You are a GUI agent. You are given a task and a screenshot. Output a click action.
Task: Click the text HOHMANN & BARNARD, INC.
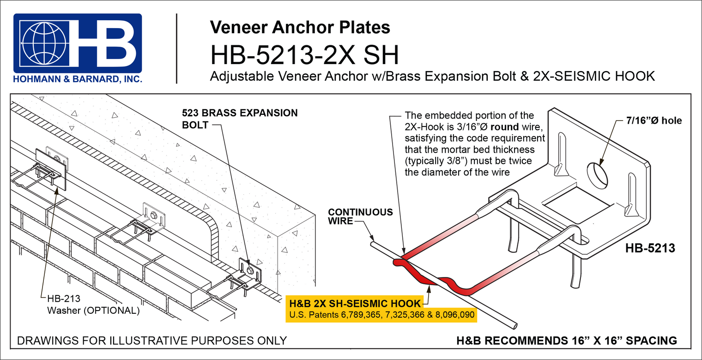click(x=78, y=79)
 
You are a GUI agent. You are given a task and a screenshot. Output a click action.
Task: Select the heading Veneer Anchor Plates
click(x=300, y=27)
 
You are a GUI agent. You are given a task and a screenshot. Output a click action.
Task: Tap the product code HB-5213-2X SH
click(x=304, y=55)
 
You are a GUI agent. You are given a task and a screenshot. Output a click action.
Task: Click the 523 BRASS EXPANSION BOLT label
click(x=240, y=119)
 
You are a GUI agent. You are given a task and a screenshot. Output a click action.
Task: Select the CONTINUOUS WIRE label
click(x=360, y=216)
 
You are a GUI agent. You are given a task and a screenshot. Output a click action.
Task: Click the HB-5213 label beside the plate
click(x=650, y=248)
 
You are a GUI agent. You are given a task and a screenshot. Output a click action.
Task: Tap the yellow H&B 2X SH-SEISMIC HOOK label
click(x=355, y=304)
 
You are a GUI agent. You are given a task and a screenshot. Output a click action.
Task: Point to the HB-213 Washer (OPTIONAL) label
click(x=93, y=305)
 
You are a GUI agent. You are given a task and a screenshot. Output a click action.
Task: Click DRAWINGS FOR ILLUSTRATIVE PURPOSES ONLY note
click(x=151, y=341)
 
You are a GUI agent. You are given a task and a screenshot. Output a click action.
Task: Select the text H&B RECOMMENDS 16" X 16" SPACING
click(x=566, y=341)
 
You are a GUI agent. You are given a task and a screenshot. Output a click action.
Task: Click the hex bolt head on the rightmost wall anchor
click(x=250, y=270)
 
